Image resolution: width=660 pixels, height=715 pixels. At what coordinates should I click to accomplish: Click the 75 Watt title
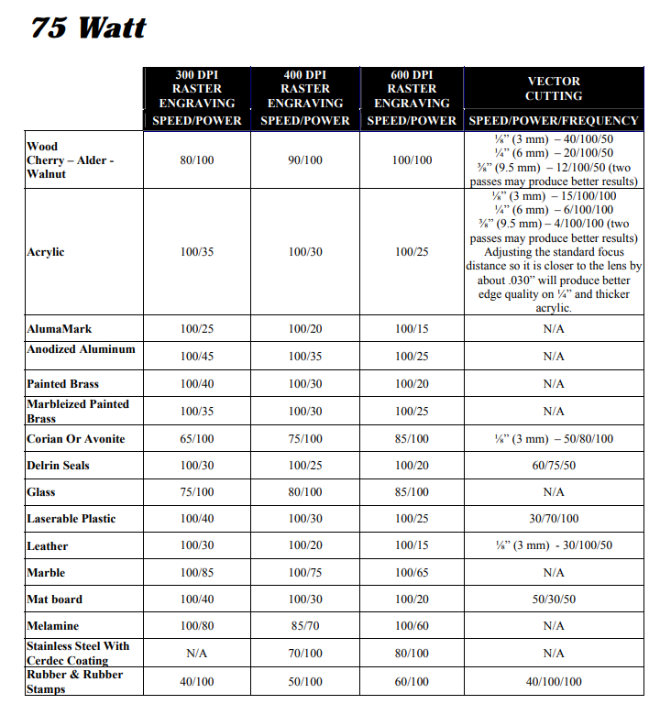[x=89, y=27]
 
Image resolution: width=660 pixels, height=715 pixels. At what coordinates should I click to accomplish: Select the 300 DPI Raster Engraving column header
[x=197, y=96]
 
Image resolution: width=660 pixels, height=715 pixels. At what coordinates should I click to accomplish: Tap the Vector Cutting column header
[x=553, y=89]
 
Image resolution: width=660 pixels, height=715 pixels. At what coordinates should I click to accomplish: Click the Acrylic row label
[x=46, y=252]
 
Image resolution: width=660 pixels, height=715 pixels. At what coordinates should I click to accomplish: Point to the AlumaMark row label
[x=60, y=328]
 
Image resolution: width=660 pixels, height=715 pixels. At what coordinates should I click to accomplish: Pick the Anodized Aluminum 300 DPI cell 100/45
[x=197, y=356]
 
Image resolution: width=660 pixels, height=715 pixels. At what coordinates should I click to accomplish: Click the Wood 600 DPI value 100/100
[x=412, y=160]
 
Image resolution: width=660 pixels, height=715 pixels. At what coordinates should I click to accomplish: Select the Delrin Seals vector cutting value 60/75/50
[x=553, y=466]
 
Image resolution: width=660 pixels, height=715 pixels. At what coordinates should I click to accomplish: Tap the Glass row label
[x=41, y=492]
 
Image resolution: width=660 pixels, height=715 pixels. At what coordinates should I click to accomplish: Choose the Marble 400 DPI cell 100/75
[x=305, y=573]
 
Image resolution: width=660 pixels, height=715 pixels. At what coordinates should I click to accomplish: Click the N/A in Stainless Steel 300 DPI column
[x=197, y=654]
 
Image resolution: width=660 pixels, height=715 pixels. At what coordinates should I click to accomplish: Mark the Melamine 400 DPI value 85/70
[x=305, y=626]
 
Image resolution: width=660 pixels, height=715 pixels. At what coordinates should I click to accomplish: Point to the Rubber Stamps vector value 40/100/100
[x=553, y=682]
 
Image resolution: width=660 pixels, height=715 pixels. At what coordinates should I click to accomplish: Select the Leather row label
[x=48, y=546]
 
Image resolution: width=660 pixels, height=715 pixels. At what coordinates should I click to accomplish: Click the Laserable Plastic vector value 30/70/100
[x=553, y=519]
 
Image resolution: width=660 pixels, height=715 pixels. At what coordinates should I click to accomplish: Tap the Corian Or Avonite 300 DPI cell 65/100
[x=197, y=439]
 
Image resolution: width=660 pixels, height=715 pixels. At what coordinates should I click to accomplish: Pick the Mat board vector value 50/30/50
[x=553, y=599]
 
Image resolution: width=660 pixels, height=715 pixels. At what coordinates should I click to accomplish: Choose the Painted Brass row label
[x=62, y=383]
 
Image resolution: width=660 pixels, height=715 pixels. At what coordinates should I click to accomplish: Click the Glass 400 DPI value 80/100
[x=305, y=492]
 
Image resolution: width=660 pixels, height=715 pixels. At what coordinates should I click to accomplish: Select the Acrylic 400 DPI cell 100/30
[x=305, y=252]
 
